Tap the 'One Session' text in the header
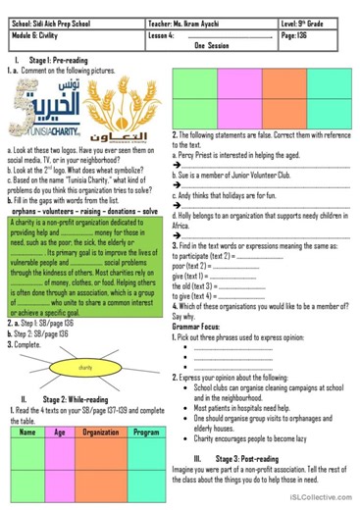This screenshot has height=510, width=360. click(x=211, y=45)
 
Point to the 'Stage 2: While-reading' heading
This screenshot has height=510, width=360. click(x=88, y=399)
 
